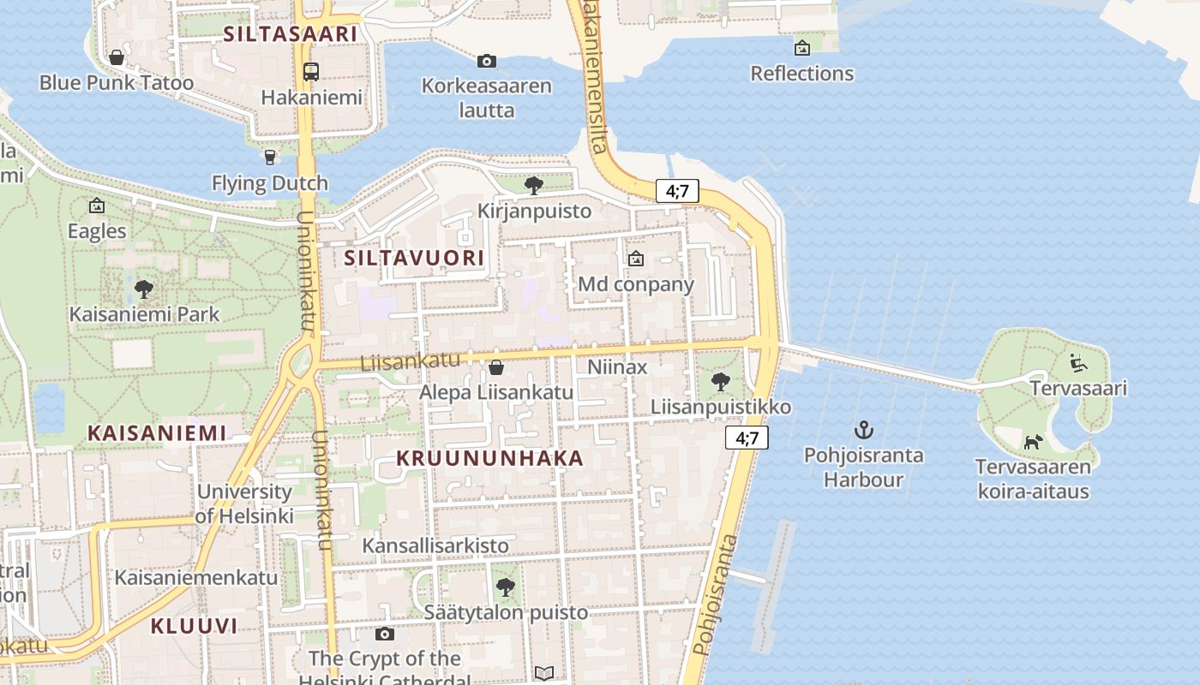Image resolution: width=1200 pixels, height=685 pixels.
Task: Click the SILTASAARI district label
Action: (x=290, y=34)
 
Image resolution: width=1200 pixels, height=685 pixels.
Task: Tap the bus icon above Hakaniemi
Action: (x=310, y=72)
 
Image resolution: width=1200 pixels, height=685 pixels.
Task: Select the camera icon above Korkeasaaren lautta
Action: (x=486, y=61)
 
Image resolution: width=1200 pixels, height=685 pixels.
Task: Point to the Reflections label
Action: (x=801, y=74)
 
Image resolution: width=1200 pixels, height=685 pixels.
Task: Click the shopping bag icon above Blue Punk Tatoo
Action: (x=117, y=58)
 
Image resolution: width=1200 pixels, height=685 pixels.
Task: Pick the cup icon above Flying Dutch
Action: (x=270, y=157)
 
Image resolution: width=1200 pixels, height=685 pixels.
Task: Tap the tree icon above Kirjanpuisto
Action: (x=534, y=185)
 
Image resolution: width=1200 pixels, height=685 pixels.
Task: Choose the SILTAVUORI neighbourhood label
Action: (x=414, y=258)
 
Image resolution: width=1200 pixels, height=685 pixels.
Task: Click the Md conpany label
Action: (x=636, y=284)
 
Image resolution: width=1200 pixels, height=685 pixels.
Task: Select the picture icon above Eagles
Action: (x=97, y=205)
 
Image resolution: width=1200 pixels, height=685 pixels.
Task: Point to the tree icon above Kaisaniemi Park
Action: (x=144, y=289)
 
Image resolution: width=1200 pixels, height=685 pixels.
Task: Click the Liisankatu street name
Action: (x=410, y=361)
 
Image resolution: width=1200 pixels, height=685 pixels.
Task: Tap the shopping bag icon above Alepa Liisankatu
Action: (x=495, y=367)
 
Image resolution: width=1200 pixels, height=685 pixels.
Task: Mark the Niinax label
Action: (x=617, y=367)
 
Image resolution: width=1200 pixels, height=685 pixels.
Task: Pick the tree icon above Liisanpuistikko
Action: (x=721, y=381)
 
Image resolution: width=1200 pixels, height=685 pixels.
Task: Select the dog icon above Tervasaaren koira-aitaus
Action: (x=1033, y=442)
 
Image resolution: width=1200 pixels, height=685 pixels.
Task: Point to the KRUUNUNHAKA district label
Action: (x=489, y=458)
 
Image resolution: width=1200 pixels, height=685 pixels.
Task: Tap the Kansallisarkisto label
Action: (x=435, y=545)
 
